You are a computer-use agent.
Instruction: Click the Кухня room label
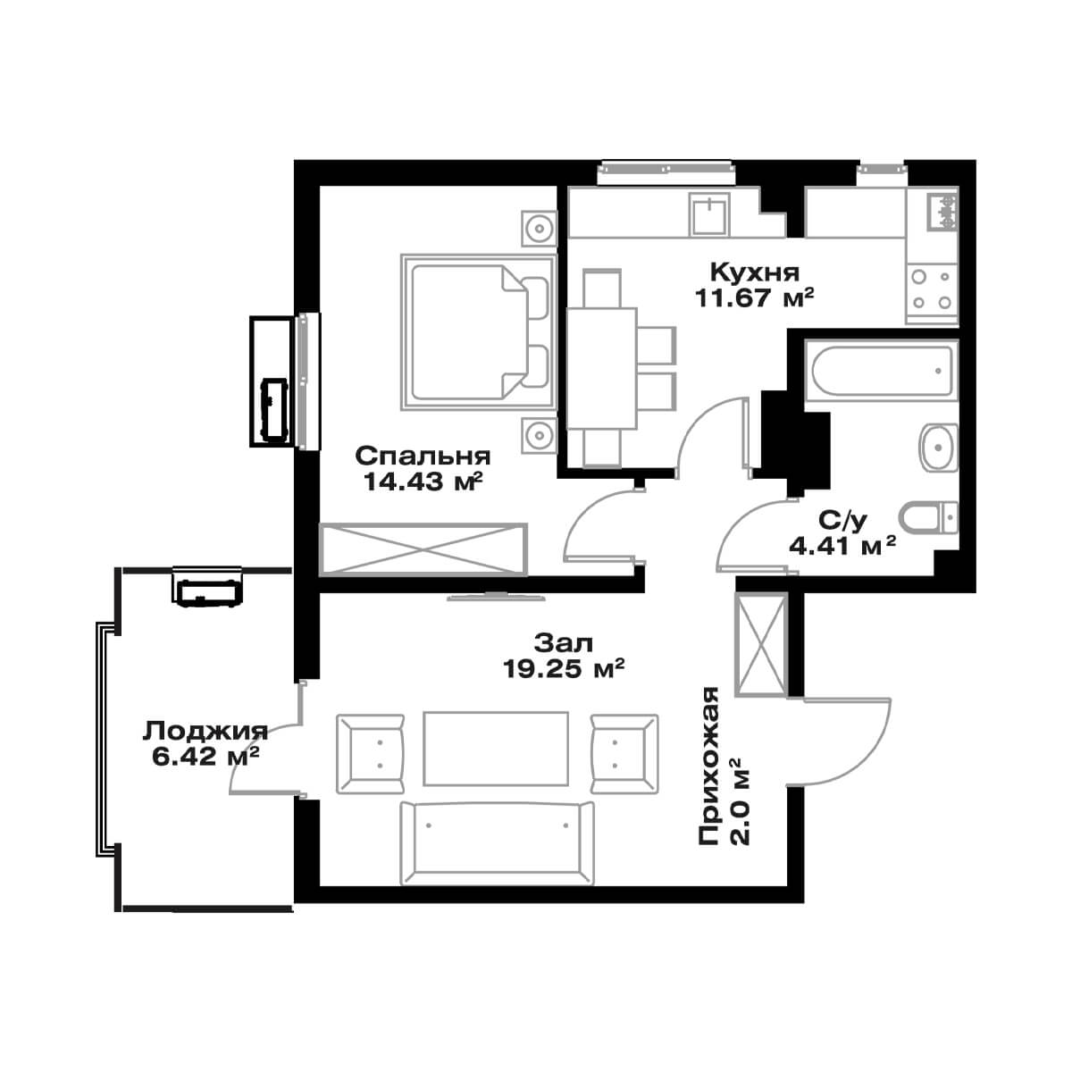[755, 272]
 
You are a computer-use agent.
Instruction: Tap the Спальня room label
[423, 456]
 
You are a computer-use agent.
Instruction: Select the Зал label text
[564, 643]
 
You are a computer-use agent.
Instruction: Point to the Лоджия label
[205, 733]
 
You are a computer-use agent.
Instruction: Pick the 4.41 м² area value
[842, 546]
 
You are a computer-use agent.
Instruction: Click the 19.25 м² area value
[563, 669]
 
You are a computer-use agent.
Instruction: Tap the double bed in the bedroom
[479, 332]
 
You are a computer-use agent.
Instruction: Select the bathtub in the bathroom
[883, 370]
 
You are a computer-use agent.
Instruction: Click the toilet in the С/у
[928, 517]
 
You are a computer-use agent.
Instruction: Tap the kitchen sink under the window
[709, 214]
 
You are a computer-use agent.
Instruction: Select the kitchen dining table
[601, 368]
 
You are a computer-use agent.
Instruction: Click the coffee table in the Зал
[496, 749]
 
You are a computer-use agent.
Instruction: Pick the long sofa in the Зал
[497, 842]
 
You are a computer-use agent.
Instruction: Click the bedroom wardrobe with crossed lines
[424, 549]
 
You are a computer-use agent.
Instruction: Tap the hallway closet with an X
[761, 645]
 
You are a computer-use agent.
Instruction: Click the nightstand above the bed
[539, 228]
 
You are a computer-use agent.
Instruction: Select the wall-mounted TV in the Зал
[497, 597]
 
